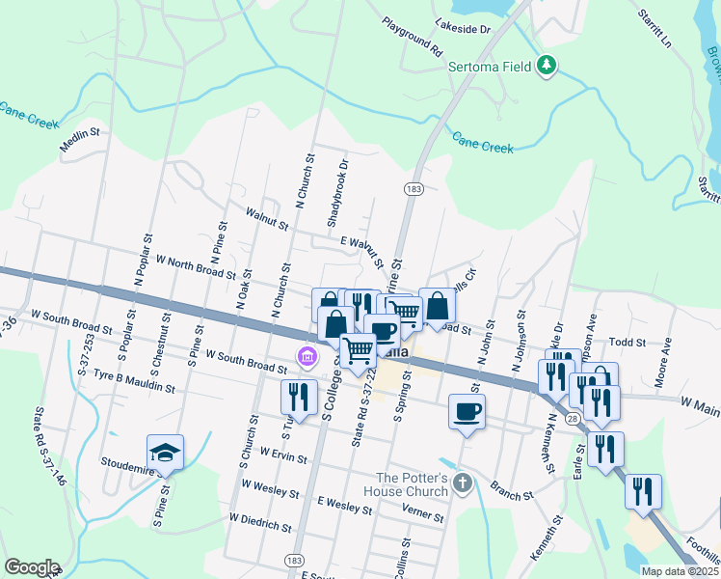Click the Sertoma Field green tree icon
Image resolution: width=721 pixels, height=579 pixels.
(547, 66)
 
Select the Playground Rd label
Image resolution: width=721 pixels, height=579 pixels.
(411, 36)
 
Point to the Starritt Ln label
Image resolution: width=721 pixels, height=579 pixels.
(654, 29)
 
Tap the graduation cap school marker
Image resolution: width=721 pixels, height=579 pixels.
(166, 452)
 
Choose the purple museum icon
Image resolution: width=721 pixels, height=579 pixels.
(307, 358)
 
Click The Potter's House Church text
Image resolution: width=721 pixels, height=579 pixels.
(413, 484)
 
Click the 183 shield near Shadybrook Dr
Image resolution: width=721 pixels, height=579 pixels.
(414, 189)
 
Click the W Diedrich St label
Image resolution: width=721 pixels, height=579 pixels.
(260, 522)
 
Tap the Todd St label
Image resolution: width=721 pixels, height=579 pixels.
(627, 342)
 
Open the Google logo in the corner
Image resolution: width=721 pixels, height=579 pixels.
(32, 567)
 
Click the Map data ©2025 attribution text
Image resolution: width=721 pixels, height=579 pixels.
(680, 571)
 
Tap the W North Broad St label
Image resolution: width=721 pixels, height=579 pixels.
(196, 267)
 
